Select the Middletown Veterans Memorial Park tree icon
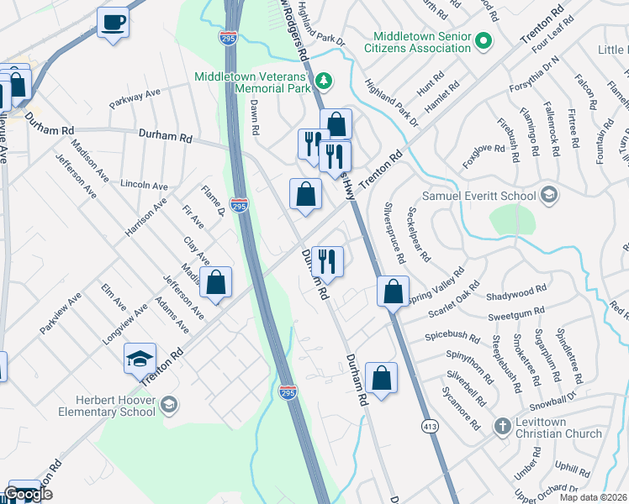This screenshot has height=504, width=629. click(323, 81)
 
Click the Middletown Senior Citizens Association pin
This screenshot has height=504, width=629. click(484, 40)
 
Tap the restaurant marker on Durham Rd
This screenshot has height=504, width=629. click(326, 260)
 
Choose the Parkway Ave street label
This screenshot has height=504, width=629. click(135, 99)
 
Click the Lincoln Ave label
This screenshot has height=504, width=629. click(145, 185)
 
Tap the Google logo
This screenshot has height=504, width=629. click(28, 495)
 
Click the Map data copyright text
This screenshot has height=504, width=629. click(593, 497)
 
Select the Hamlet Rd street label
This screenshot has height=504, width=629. click(442, 97)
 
